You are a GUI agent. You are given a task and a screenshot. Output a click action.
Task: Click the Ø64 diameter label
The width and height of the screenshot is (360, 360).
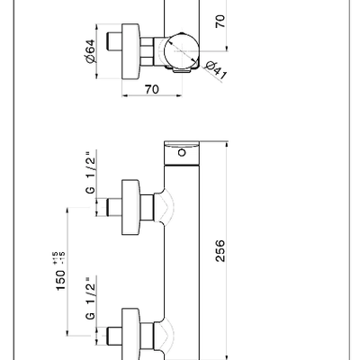(90, 51)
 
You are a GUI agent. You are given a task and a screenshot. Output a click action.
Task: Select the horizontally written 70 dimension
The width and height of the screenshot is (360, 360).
(152, 89)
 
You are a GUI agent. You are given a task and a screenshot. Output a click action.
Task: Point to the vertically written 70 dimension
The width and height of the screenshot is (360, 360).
(220, 22)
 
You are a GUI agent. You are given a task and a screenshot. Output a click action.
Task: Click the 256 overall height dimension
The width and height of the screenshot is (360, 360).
(220, 251)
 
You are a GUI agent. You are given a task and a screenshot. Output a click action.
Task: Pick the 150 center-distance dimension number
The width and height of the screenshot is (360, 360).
(60, 280)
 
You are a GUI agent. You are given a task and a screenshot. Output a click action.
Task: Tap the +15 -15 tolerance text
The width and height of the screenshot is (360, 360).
(58, 258)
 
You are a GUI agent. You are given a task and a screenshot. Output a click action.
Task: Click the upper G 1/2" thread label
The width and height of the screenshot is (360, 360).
(90, 172)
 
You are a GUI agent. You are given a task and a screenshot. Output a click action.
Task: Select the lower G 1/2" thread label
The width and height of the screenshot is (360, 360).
(90, 298)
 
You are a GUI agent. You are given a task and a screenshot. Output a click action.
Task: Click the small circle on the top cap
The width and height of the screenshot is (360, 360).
(182, 153)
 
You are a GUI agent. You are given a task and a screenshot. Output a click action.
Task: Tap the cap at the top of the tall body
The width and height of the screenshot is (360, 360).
(182, 153)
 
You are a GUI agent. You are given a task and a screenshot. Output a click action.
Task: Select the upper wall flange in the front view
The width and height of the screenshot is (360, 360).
(130, 207)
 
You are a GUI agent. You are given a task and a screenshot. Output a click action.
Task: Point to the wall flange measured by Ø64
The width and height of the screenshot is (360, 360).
(130, 51)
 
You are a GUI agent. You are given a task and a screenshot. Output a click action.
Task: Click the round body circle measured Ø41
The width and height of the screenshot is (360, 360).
(182, 51)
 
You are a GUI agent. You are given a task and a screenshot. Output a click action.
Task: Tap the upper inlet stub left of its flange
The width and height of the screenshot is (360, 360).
(114, 207)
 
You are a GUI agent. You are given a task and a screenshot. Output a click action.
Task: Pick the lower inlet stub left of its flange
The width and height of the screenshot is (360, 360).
(114, 336)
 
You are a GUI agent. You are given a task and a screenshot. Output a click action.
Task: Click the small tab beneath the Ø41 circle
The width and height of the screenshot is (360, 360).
(182, 70)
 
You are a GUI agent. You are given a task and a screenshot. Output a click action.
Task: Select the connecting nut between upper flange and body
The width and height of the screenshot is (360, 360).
(148, 207)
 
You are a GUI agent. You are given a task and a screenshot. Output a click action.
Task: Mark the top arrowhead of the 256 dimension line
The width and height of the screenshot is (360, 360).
(227, 143)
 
